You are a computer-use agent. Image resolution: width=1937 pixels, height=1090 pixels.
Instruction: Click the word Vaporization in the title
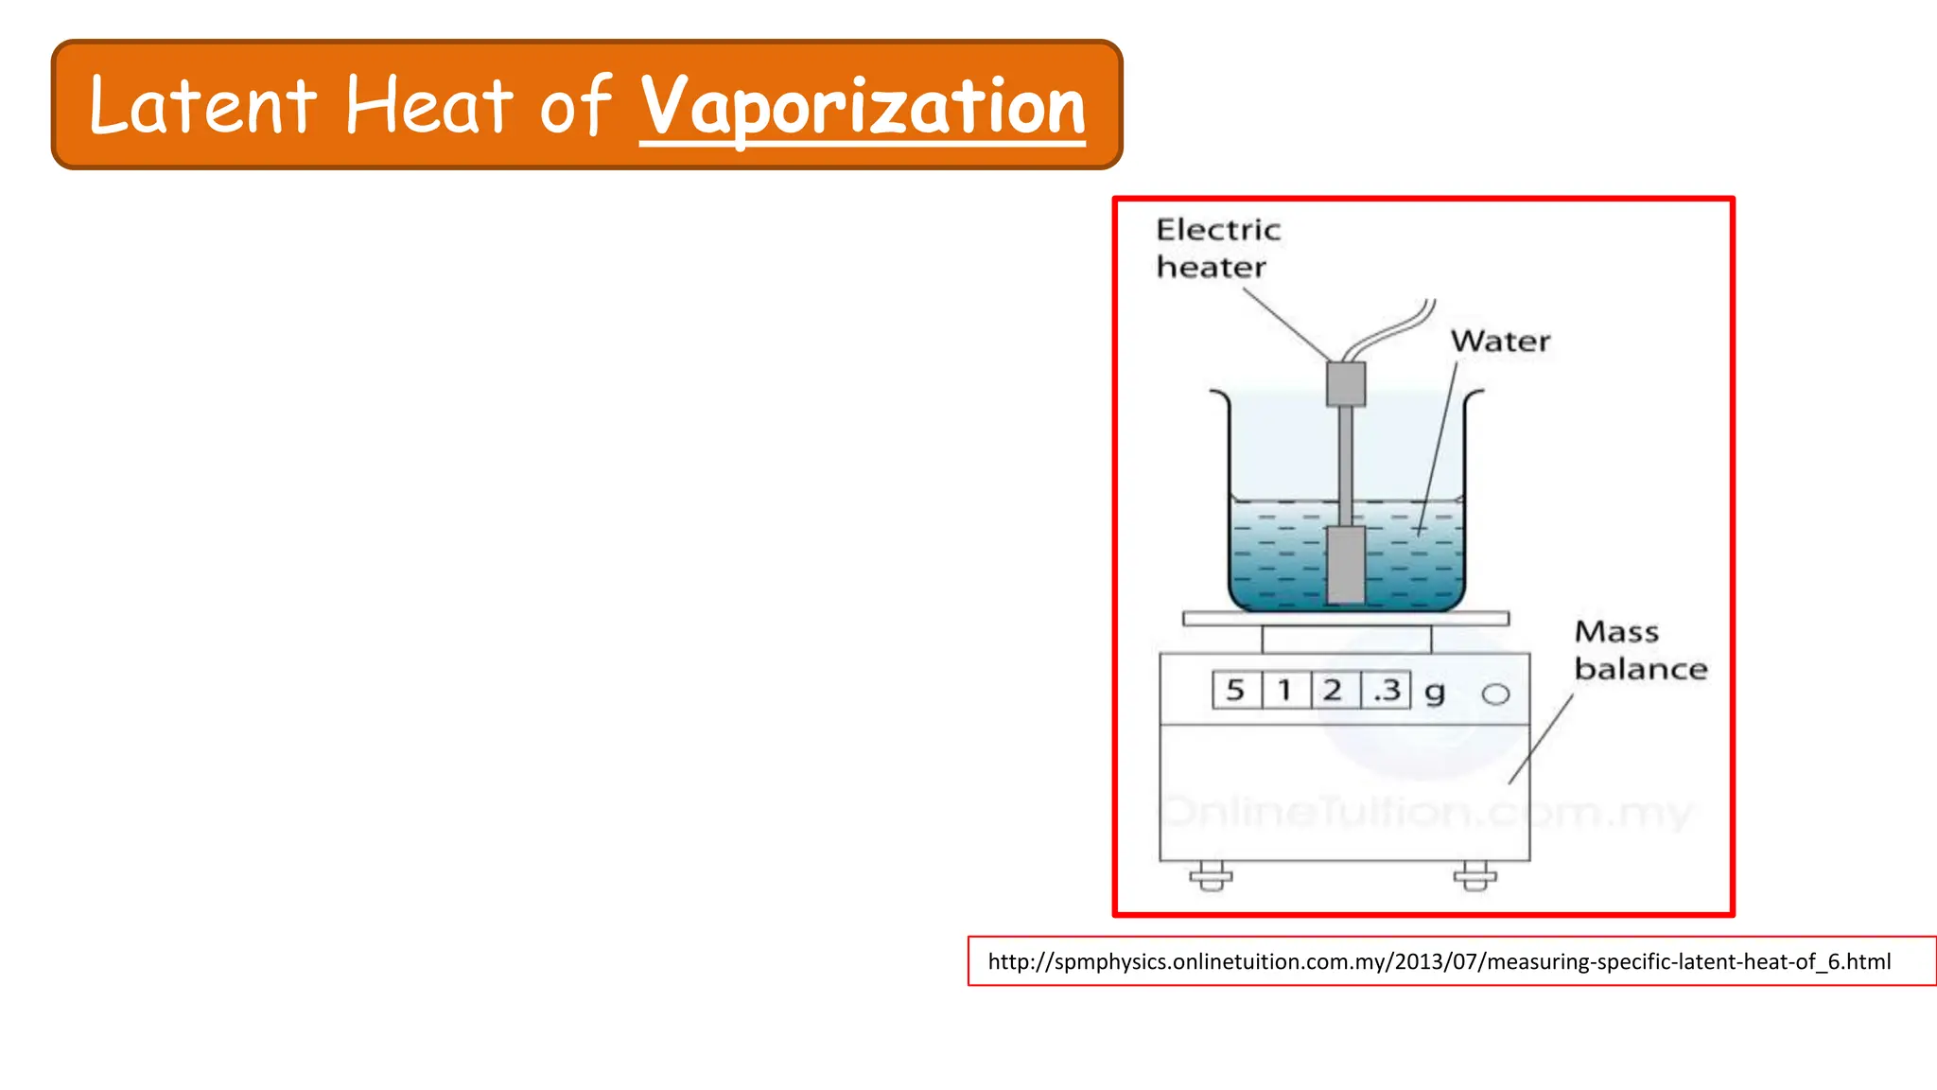[x=863, y=107]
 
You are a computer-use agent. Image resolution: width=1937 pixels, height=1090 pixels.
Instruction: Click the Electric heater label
[x=1217, y=248]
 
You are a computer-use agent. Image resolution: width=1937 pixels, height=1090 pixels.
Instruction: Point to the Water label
[x=1500, y=342]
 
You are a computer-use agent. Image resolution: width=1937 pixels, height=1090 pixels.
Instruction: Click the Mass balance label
[x=1639, y=650]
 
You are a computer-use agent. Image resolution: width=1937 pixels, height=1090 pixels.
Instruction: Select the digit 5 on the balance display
[x=1235, y=690]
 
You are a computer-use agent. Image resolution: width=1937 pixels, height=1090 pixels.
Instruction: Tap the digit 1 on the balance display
[x=1284, y=690]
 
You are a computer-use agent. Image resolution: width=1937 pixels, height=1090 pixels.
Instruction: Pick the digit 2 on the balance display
[x=1333, y=690]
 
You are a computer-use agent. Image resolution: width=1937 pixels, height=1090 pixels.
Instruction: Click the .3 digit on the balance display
[x=1386, y=690]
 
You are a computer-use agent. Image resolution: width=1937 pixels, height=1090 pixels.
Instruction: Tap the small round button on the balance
[x=1495, y=694]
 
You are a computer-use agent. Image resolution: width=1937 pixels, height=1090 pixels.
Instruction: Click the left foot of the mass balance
[x=1211, y=876]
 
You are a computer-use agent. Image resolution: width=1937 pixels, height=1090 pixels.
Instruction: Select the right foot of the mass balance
[x=1475, y=876]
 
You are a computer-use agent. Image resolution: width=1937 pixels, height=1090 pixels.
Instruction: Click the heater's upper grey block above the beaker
[x=1345, y=384]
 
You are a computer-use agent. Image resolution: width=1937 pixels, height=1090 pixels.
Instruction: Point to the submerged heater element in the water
[x=1345, y=565]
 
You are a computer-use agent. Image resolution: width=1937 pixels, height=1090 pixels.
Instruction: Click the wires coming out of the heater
[x=1390, y=330]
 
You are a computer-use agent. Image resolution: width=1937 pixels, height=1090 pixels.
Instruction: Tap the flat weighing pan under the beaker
[x=1345, y=619]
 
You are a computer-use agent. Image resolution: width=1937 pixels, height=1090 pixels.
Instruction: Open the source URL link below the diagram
[x=1439, y=962]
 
